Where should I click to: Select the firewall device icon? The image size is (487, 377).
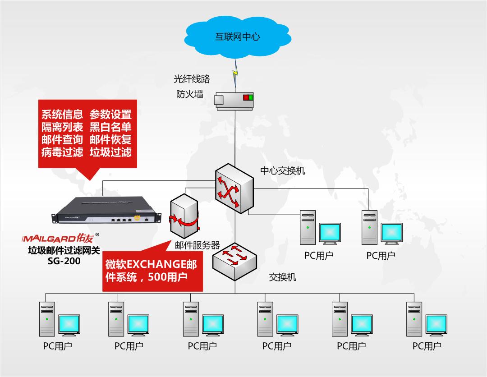[x=234, y=101]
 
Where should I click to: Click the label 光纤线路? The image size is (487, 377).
[x=192, y=79]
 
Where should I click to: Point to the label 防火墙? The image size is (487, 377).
[x=189, y=94]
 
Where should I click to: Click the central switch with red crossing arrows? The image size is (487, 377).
[x=234, y=188]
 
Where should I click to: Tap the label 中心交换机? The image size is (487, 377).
[x=283, y=170]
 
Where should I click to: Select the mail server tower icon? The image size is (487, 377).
[x=184, y=216]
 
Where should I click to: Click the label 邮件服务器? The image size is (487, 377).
[x=197, y=245]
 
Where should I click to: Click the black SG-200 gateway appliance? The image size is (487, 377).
[x=106, y=210]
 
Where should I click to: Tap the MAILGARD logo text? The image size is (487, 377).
[x=57, y=239]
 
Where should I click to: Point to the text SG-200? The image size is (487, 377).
[x=64, y=261]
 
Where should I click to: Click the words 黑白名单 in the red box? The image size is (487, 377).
[x=110, y=127]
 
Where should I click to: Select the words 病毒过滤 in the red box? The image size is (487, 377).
[x=62, y=152]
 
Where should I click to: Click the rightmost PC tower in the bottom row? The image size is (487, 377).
[x=414, y=319]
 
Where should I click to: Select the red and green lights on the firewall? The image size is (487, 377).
[x=248, y=97]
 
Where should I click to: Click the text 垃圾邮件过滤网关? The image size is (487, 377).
[x=64, y=250]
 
